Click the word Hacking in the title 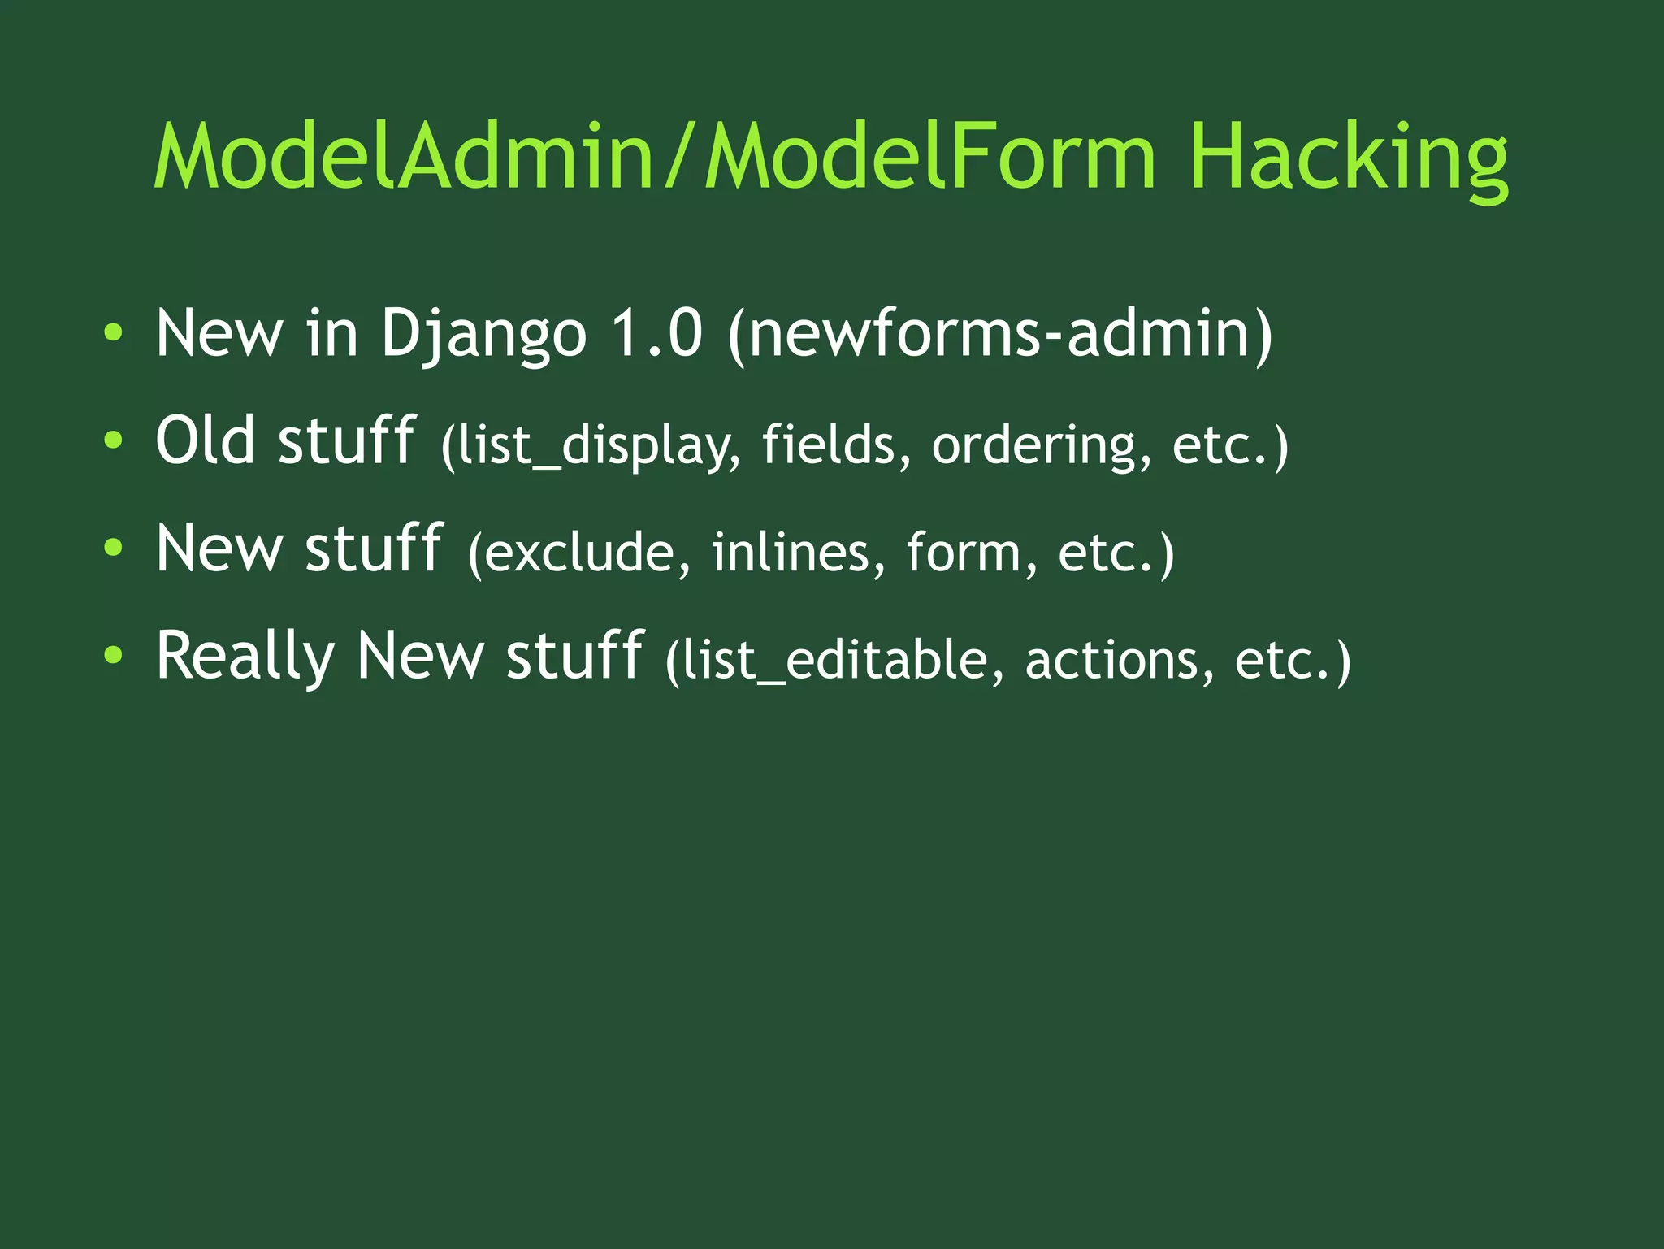[x=1348, y=157]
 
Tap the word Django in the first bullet [x=483, y=334]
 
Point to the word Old [x=205, y=440]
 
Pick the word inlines [x=797, y=553]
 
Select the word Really [x=245, y=657]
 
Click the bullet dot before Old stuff [x=114, y=440]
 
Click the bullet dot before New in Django [x=114, y=332]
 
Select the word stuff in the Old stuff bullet [x=346, y=440]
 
